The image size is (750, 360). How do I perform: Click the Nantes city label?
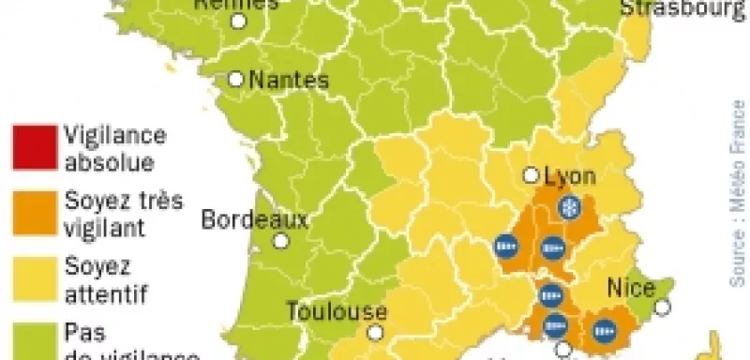[x=291, y=81]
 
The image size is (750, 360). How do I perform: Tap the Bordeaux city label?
[x=255, y=221]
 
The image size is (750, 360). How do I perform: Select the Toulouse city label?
[x=336, y=310]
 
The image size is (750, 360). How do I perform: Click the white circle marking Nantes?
[x=236, y=81]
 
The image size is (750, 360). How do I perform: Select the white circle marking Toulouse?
[x=376, y=332]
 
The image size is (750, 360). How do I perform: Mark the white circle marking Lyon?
[x=532, y=174]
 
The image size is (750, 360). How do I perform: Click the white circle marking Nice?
[x=664, y=306]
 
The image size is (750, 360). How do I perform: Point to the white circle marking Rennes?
[x=241, y=21]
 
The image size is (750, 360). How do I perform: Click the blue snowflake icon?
[x=567, y=208]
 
